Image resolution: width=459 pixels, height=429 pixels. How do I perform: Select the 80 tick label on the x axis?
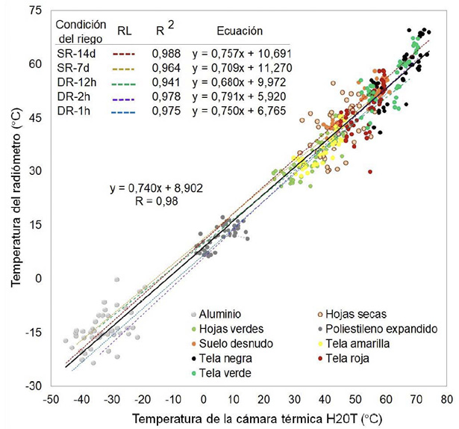(x=446, y=399)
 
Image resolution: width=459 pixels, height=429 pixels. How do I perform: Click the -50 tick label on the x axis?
(x=51, y=399)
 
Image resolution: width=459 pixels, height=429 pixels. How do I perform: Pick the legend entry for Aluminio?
(x=219, y=315)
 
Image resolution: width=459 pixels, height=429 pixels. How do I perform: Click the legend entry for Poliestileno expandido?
(x=389, y=329)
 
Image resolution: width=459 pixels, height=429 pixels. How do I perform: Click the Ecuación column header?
(x=240, y=32)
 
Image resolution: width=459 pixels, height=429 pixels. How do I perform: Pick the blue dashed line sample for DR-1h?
(x=123, y=111)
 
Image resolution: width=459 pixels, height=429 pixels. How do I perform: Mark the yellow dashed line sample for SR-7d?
(x=123, y=68)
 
